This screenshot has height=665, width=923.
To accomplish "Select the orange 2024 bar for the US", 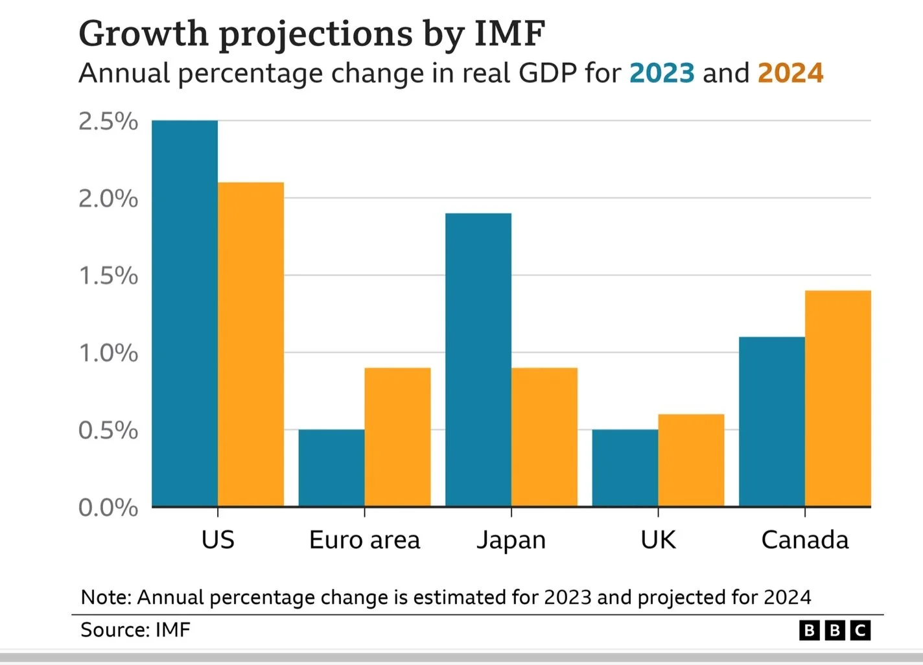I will point(251,344).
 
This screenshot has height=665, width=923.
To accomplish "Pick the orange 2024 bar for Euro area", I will point(397,437).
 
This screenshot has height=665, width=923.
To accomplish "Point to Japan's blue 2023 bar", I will point(478,360).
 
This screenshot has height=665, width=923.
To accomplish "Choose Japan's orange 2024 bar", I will point(544,437).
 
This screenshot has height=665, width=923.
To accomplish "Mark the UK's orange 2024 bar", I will point(691,460).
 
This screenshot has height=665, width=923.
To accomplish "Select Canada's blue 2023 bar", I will point(772,421).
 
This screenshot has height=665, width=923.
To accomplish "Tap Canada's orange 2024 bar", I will point(838,399).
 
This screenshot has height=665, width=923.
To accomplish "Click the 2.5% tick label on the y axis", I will point(108,121).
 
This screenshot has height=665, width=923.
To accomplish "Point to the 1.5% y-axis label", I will point(108,276).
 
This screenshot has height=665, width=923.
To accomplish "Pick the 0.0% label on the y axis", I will point(108,507).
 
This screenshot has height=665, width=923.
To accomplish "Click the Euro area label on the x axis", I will point(364,540).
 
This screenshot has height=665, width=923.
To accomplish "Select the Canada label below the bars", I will point(804,540).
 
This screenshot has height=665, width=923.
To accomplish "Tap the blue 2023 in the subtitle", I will point(662,73).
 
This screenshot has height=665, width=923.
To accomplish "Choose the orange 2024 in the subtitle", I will point(790,73).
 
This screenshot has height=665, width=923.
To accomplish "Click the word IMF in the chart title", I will point(509,34).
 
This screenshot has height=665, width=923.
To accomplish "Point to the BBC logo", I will point(834,630).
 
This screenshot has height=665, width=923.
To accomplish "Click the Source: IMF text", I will point(135,630).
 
